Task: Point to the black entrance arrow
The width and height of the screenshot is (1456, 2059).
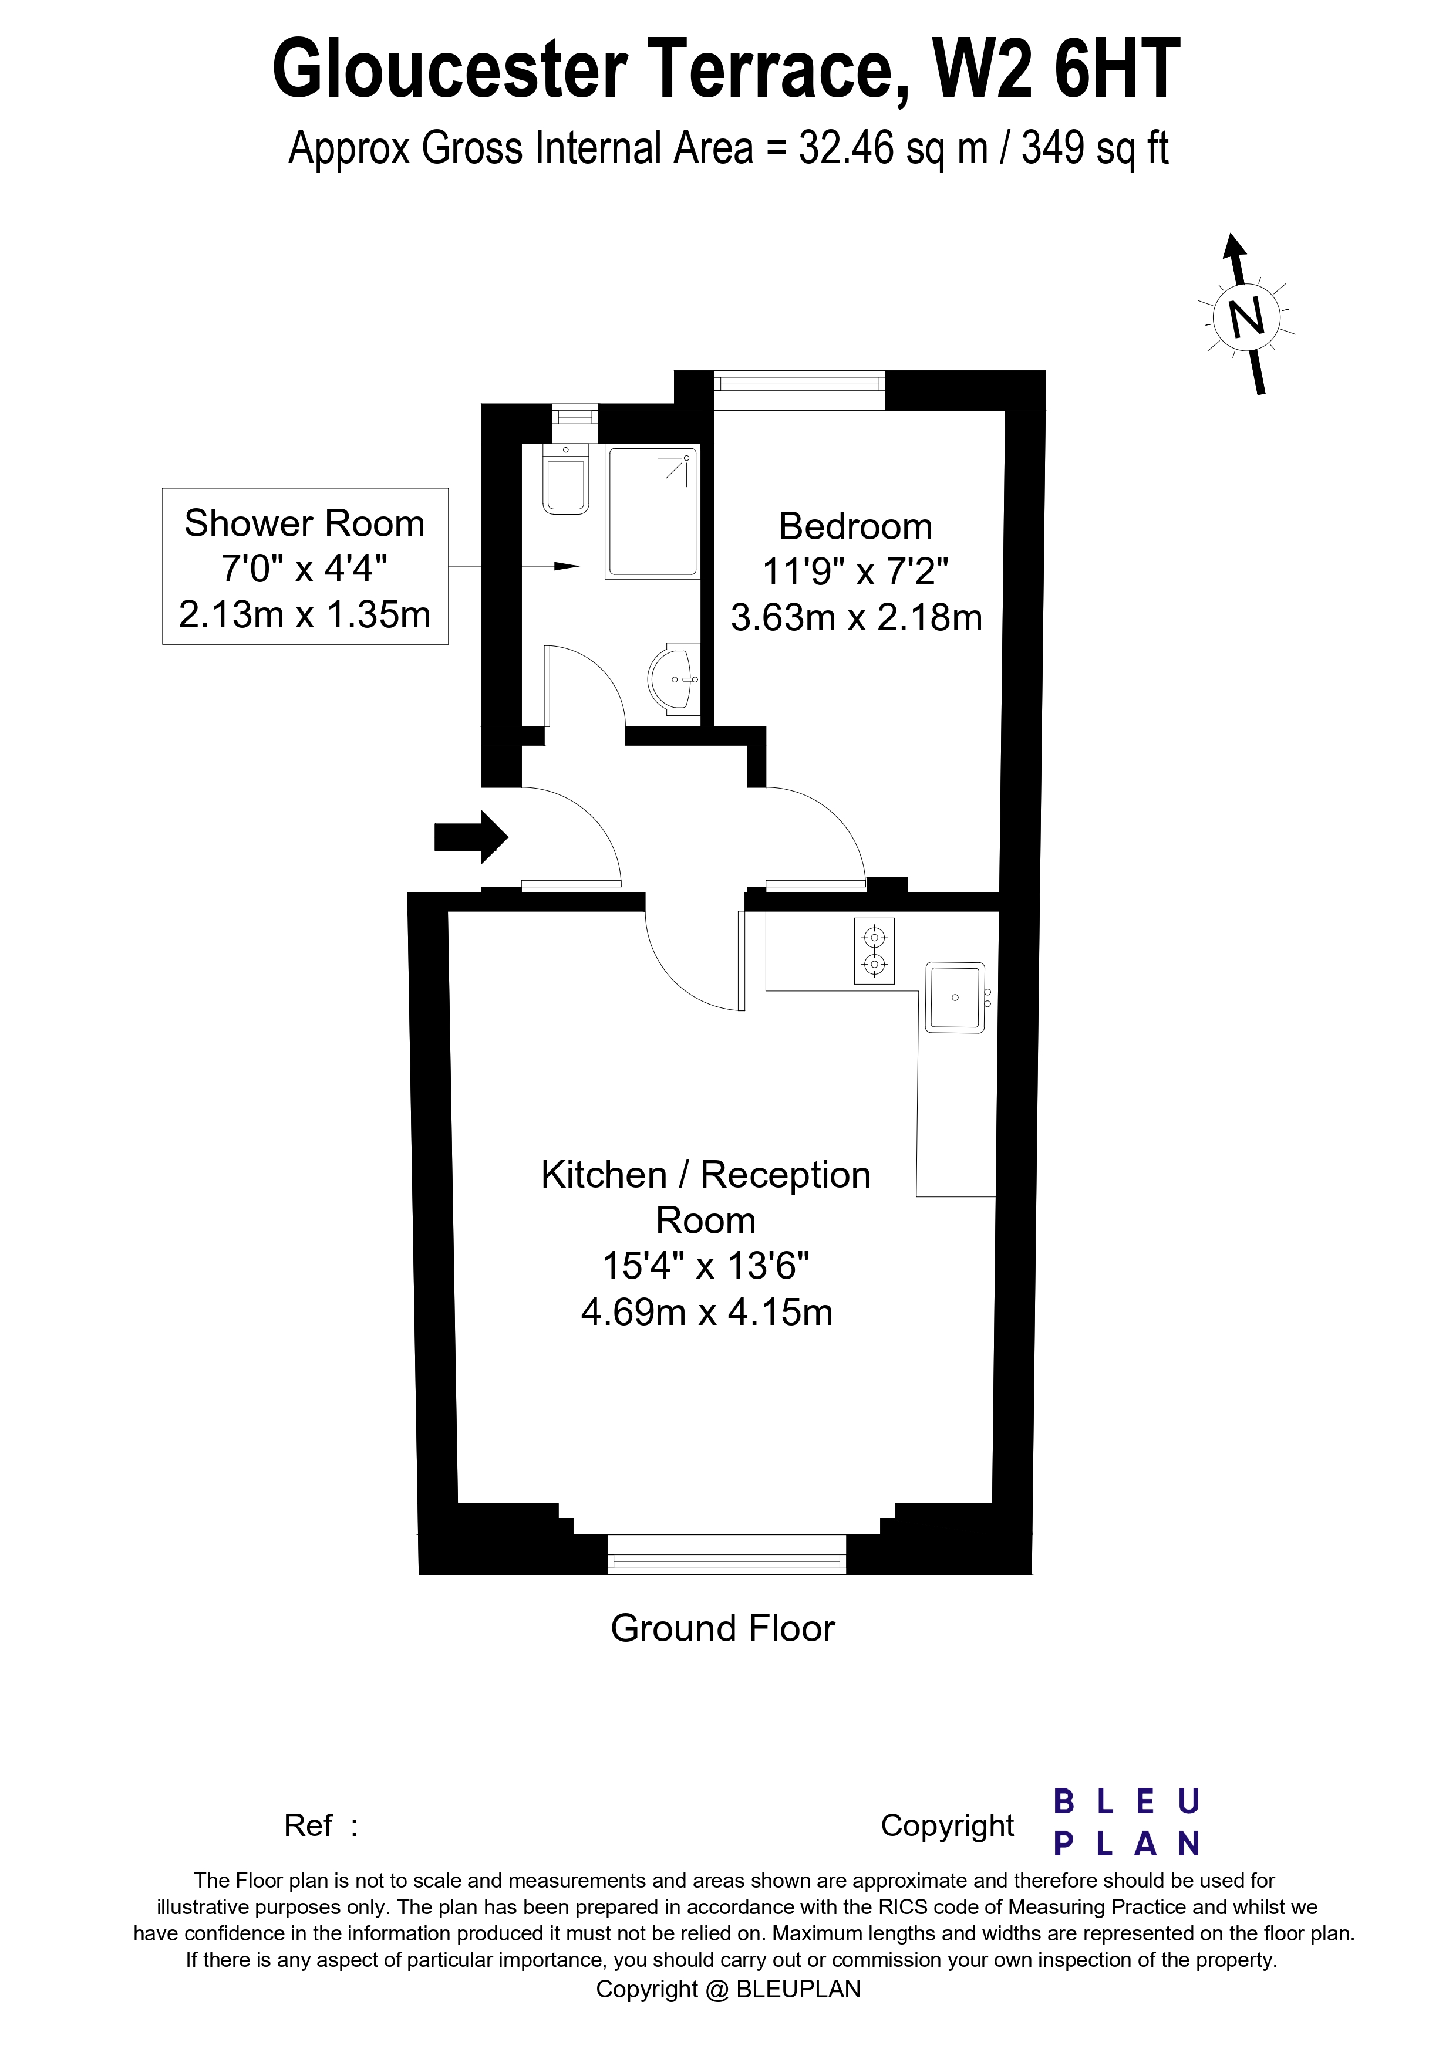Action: [471, 837]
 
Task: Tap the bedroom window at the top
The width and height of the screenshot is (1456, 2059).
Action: [799, 383]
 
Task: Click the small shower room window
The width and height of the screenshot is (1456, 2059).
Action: [574, 415]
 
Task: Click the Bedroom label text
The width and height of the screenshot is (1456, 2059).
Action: [856, 526]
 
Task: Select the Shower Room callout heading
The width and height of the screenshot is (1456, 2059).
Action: [304, 524]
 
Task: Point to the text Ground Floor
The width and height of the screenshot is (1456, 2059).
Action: [722, 1628]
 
